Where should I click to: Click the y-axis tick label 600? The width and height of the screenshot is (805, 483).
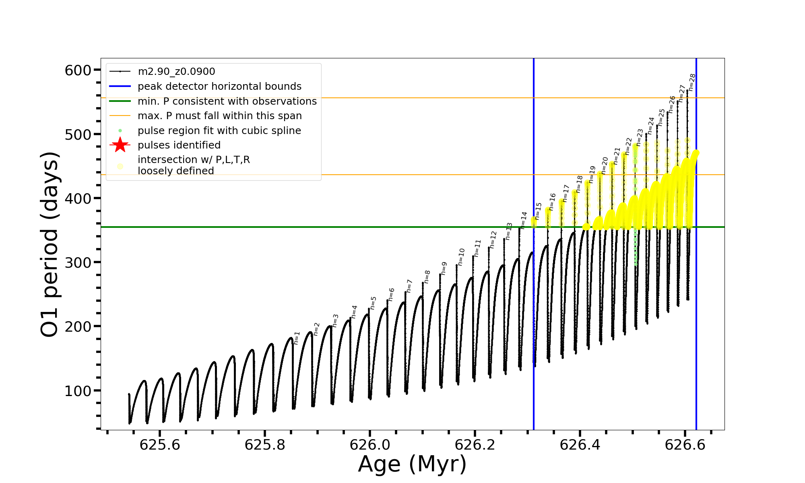78,70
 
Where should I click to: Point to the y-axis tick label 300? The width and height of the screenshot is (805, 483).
78,262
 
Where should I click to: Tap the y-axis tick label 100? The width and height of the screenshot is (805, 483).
78,391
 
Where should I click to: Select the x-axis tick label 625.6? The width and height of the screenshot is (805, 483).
160,445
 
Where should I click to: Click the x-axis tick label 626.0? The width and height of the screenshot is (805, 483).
370,445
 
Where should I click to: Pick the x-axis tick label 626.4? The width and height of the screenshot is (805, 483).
580,445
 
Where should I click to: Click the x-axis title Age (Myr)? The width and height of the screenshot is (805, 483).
412,464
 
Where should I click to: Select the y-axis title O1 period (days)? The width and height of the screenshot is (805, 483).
50,244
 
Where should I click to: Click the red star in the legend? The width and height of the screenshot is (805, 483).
120,145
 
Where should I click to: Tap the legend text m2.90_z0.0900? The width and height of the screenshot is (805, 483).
176,72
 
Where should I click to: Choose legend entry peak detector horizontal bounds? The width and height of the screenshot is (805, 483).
219,87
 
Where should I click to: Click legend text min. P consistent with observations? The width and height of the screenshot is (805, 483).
227,101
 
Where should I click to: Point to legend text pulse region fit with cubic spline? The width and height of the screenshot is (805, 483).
219,131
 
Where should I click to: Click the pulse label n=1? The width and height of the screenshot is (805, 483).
297,338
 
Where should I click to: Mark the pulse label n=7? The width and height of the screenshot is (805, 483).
409,286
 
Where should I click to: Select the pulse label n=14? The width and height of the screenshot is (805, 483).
524,220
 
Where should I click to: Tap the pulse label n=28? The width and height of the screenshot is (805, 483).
692,82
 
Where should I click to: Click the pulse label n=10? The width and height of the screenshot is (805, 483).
461,257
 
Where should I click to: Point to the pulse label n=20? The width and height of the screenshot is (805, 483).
605,165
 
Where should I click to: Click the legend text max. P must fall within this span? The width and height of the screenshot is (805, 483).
220,116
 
